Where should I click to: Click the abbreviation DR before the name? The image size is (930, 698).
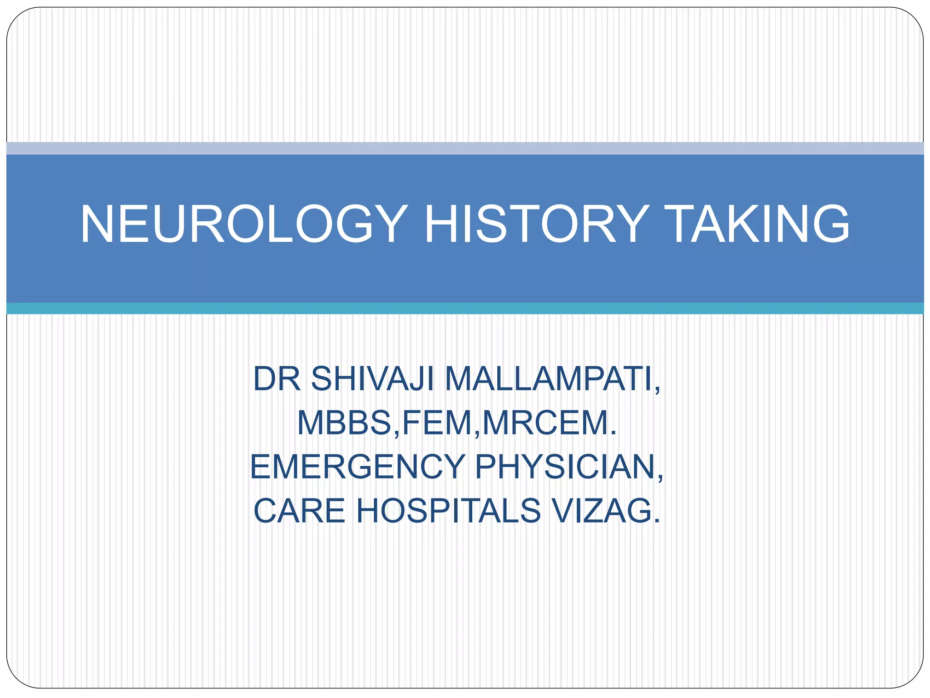277,379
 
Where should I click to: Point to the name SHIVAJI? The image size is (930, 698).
372,379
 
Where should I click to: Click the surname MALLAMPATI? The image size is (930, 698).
547,379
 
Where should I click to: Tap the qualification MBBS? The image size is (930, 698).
345,423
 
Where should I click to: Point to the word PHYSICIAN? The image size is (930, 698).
563,467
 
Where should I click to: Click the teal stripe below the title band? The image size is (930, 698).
465,309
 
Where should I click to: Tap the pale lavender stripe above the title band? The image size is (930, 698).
465,148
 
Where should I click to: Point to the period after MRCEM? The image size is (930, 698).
614,434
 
